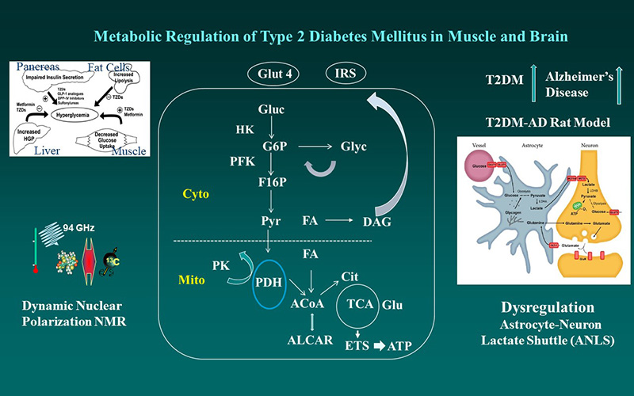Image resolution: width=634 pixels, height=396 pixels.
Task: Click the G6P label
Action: (271, 147)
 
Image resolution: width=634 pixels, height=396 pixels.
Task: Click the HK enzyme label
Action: (245, 128)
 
